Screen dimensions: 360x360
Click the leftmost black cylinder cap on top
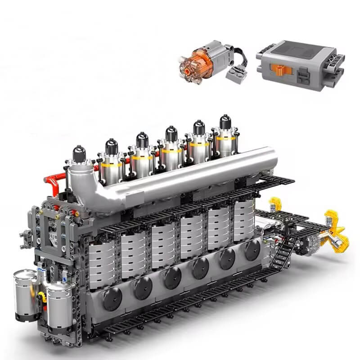tap(79, 153)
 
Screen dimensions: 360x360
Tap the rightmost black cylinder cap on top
tap(225, 122)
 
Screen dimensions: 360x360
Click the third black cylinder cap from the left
tap(142, 139)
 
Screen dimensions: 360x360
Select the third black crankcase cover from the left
tap(172, 279)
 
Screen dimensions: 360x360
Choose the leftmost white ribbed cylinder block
tap(102, 265)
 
